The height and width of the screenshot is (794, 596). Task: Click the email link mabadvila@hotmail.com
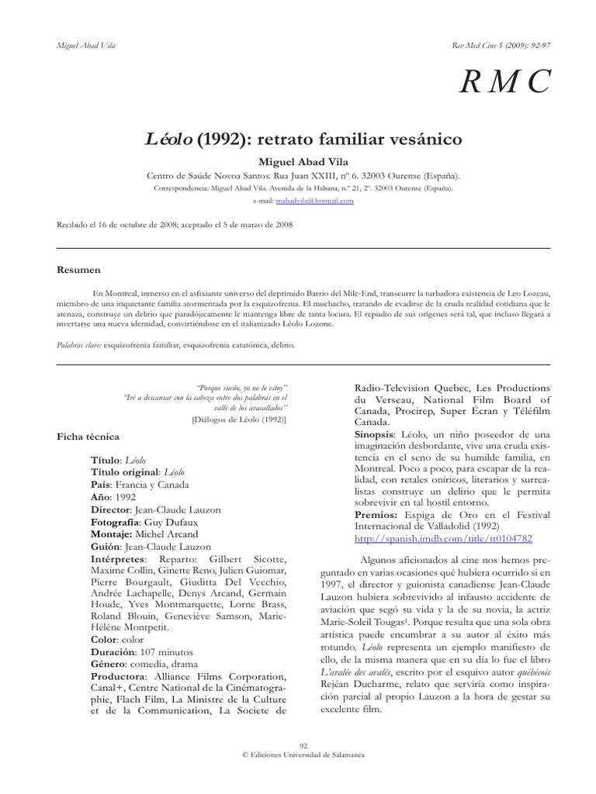pos(320,201)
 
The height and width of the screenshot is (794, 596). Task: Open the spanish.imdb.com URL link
pos(443,537)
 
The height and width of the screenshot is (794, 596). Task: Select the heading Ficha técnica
pos(85,437)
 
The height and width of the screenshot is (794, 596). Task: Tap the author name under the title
pos(298,161)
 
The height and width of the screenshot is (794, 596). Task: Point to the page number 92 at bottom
pos(303,745)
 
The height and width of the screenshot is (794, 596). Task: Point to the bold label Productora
pos(121,675)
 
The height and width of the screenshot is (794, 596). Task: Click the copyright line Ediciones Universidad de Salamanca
pos(303,754)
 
